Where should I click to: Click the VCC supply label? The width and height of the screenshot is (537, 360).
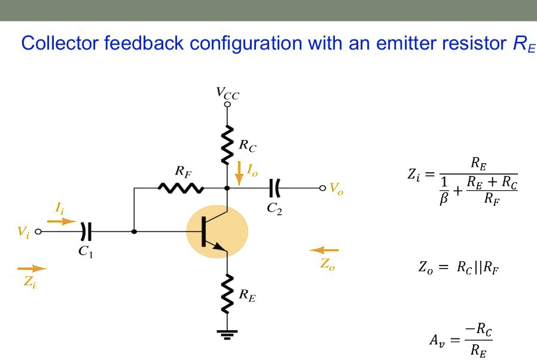click(227, 93)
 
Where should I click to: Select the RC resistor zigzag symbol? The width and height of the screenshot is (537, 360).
click(227, 144)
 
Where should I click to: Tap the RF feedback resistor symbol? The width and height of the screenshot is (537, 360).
click(181, 188)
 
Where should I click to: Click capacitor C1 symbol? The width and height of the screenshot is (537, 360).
click(86, 231)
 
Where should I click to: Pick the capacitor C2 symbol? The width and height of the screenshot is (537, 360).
click(274, 188)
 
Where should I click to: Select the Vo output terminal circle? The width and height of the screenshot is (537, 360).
click(322, 188)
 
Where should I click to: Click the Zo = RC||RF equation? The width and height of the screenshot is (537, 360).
click(458, 268)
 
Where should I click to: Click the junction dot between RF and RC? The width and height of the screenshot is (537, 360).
click(227, 188)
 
